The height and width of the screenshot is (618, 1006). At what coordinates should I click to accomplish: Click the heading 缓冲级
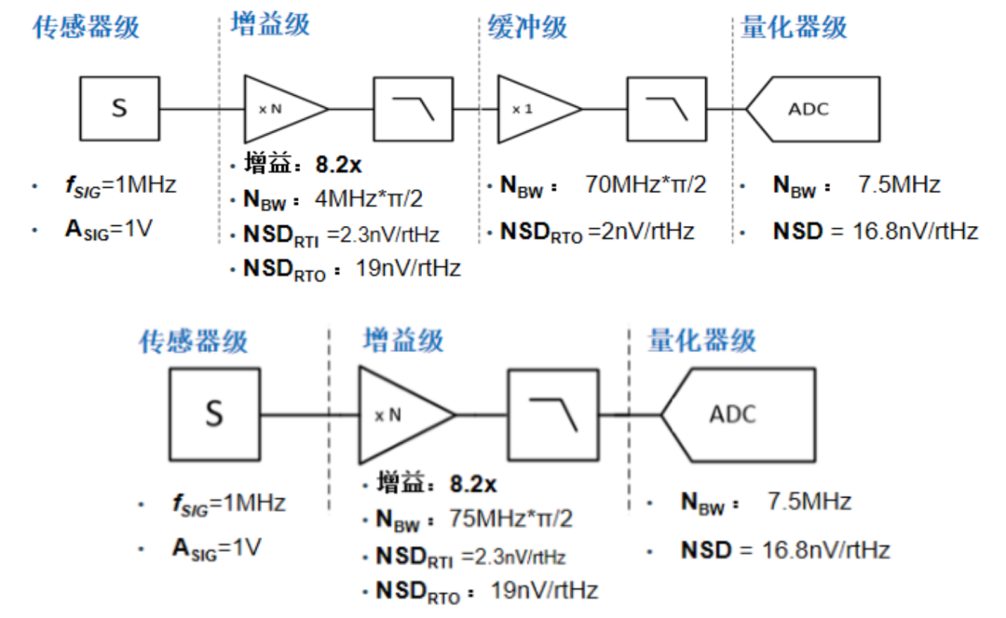[x=527, y=27]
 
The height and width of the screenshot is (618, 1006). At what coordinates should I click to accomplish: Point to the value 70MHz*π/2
[x=646, y=184]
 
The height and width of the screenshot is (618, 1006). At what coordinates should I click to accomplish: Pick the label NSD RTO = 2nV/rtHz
[x=597, y=232]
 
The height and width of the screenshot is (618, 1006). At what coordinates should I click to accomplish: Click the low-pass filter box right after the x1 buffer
[x=665, y=109]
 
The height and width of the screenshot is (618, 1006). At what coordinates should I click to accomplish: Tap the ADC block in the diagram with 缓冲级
[x=810, y=109]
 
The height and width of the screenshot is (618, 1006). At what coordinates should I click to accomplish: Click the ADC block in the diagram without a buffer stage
[x=735, y=413]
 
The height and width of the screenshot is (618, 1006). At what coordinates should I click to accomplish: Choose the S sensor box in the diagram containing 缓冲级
[x=119, y=109]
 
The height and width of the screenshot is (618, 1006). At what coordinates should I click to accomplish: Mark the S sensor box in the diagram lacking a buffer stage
[x=214, y=413]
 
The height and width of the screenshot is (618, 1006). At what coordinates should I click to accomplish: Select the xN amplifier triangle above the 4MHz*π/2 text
[x=279, y=109]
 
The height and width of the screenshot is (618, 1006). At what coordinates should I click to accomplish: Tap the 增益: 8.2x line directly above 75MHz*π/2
[x=437, y=484]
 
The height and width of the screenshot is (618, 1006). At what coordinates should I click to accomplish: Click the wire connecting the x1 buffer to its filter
[x=605, y=109]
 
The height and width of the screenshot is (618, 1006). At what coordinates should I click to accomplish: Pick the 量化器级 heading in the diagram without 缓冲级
[x=701, y=341]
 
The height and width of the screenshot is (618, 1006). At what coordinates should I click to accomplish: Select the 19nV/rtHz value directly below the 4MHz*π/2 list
[x=408, y=268]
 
